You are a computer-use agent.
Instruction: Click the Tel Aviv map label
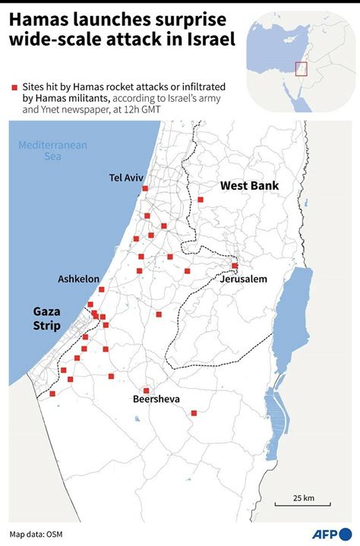(x=126, y=178)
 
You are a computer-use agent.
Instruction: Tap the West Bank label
(x=249, y=185)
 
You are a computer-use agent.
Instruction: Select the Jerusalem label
(x=244, y=279)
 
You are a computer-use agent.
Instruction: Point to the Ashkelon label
(x=78, y=279)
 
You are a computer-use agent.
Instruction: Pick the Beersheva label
(x=156, y=399)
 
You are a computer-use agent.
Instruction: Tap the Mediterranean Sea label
(x=52, y=150)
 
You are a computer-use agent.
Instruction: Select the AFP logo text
(x=325, y=533)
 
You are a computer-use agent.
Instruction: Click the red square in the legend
(x=13, y=88)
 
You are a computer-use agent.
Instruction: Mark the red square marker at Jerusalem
(x=235, y=266)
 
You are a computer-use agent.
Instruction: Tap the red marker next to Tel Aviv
(x=145, y=189)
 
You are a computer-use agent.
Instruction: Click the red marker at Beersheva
(x=146, y=390)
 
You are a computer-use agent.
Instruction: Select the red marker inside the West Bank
(x=201, y=200)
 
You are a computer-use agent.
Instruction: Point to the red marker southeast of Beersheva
(x=194, y=413)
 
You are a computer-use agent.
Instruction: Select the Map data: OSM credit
(x=36, y=534)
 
